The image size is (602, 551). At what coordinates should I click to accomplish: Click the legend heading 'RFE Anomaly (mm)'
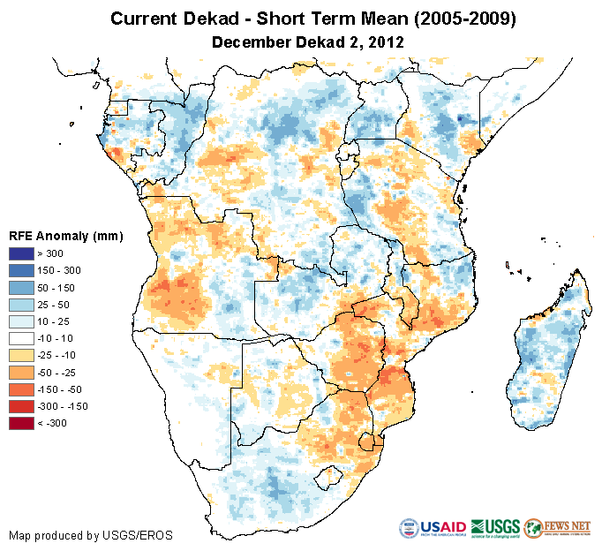pos(65,236)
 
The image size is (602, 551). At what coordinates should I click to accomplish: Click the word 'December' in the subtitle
pos(249,42)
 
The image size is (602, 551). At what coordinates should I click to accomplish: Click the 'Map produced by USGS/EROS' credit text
pos(90,535)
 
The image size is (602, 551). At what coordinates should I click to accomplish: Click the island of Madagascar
pos(549,353)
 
